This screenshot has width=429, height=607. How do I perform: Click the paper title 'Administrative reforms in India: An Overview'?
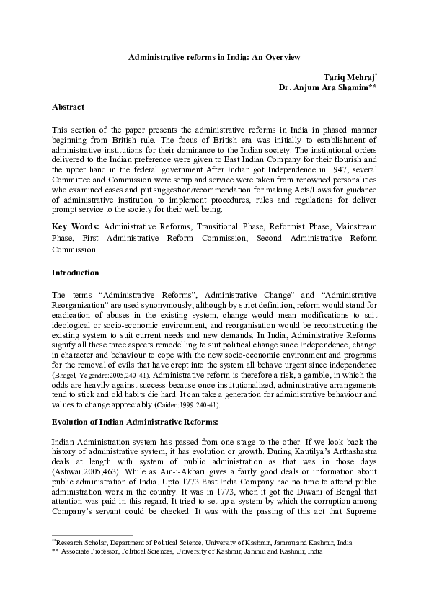pyautogui.click(x=214, y=56)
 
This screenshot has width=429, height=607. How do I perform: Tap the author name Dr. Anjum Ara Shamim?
pyautogui.click(x=327, y=87)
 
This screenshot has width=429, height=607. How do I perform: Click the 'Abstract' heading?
pyautogui.click(x=68, y=107)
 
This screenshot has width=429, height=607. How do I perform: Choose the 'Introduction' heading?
pyautogui.click(x=76, y=273)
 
